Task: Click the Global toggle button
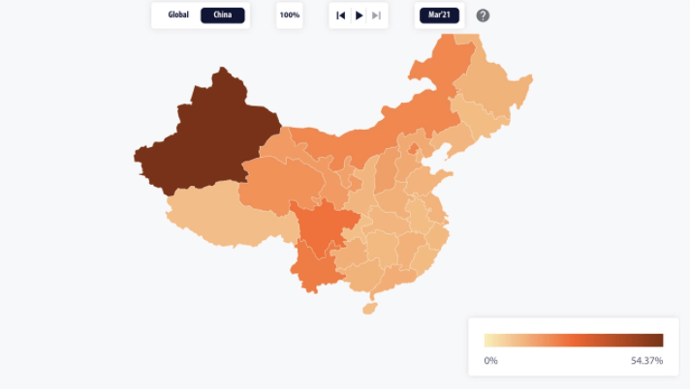(178, 15)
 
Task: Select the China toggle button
(223, 15)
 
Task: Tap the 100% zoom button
(289, 15)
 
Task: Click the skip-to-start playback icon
(341, 15)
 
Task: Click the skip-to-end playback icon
(376, 15)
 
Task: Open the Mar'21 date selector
(439, 15)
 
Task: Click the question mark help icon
(483, 15)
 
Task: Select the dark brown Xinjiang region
(208, 135)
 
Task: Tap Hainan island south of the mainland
(368, 309)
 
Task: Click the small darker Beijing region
(415, 149)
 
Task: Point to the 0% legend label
(491, 361)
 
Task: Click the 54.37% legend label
(646, 361)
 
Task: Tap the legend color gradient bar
(574, 340)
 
